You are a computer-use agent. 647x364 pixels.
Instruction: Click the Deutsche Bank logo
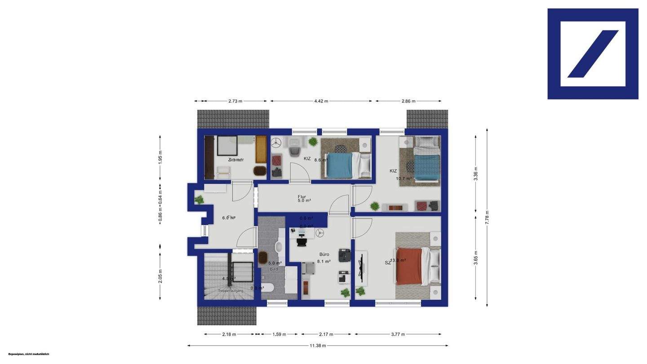coord(593,54)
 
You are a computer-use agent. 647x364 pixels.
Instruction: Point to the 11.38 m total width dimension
coord(318,346)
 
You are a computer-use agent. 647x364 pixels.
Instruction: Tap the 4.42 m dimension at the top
coord(321,101)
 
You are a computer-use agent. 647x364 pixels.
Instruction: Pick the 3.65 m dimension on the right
coord(476,257)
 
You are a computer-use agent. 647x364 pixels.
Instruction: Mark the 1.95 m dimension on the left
coord(160,157)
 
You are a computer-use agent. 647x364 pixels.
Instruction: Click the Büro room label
coord(324,254)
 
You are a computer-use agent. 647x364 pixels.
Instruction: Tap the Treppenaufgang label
coord(230,291)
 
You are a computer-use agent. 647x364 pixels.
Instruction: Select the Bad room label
coord(274,269)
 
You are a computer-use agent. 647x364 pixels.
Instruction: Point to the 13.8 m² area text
coord(398,260)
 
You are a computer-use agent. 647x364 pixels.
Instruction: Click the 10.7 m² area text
coord(403,178)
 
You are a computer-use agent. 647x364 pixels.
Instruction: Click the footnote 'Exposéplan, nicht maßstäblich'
coord(29,354)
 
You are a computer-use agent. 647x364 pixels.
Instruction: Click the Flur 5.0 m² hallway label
coord(304,199)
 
